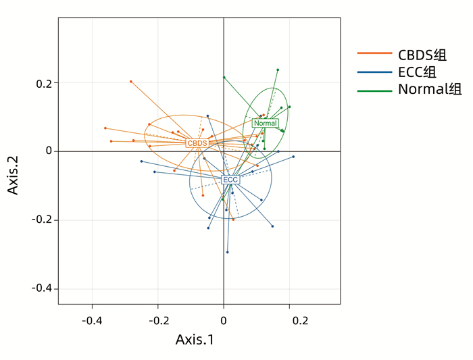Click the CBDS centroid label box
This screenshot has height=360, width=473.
pyautogui.click(x=197, y=143)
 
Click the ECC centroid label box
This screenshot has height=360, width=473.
pyautogui.click(x=230, y=180)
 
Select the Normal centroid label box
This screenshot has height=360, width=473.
pyautogui.click(x=265, y=123)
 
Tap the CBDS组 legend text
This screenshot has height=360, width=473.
pyautogui.click(x=422, y=55)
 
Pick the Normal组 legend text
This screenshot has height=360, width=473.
pyautogui.click(x=430, y=89)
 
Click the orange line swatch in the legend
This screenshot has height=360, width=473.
pyautogui.click(x=374, y=55)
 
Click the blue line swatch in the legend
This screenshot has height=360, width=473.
pyautogui.click(x=374, y=72)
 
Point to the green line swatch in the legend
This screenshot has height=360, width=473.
pyautogui.click(x=374, y=89)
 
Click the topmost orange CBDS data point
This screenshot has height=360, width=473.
pyautogui.click(x=131, y=82)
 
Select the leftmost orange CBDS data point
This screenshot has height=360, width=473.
pyautogui.click(x=105, y=128)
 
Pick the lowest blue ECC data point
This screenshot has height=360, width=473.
pyautogui.click(x=227, y=252)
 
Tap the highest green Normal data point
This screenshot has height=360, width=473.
pyautogui.click(x=277, y=70)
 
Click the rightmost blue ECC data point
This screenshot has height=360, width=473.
pyautogui.click(x=293, y=157)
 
